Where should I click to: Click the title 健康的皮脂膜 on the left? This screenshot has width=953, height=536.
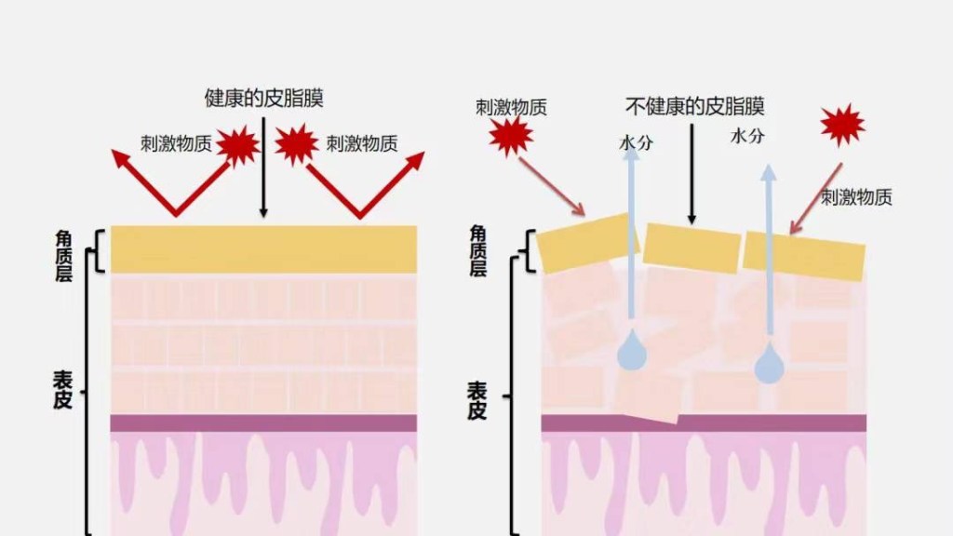click(x=263, y=99)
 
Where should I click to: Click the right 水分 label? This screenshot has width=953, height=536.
click(x=746, y=136)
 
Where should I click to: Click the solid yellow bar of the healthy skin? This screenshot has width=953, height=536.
click(x=263, y=248)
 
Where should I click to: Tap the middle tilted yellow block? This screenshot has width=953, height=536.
click(x=691, y=248)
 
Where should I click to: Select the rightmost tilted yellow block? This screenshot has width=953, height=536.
click(x=804, y=255)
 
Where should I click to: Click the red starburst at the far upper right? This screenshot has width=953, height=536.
click(x=842, y=125)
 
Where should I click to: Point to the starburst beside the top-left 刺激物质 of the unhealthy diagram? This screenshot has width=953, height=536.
click(x=511, y=137)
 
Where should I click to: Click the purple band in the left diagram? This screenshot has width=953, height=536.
click(x=263, y=423)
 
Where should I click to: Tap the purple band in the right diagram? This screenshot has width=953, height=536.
click(x=704, y=423)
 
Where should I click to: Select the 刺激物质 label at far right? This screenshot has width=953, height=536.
click(x=856, y=197)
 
